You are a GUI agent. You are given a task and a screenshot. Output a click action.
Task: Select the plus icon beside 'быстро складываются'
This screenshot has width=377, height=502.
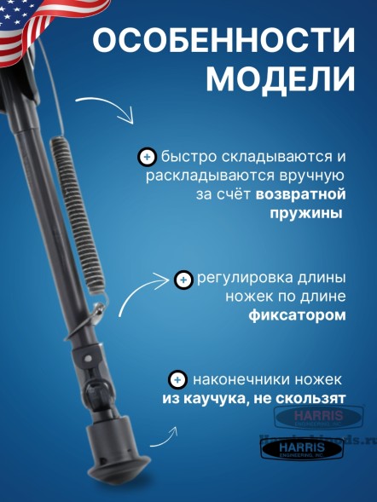click(x=147, y=157)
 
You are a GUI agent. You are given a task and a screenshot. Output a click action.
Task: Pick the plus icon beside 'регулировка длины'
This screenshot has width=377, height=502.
click(x=183, y=280)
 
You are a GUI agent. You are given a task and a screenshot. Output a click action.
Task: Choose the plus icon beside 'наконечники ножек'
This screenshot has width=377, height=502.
click(x=177, y=379)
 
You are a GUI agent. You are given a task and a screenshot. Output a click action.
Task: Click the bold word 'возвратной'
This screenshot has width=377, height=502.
click(x=301, y=194)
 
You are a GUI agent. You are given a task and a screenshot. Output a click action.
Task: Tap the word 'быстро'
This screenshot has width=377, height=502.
click(x=183, y=158)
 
